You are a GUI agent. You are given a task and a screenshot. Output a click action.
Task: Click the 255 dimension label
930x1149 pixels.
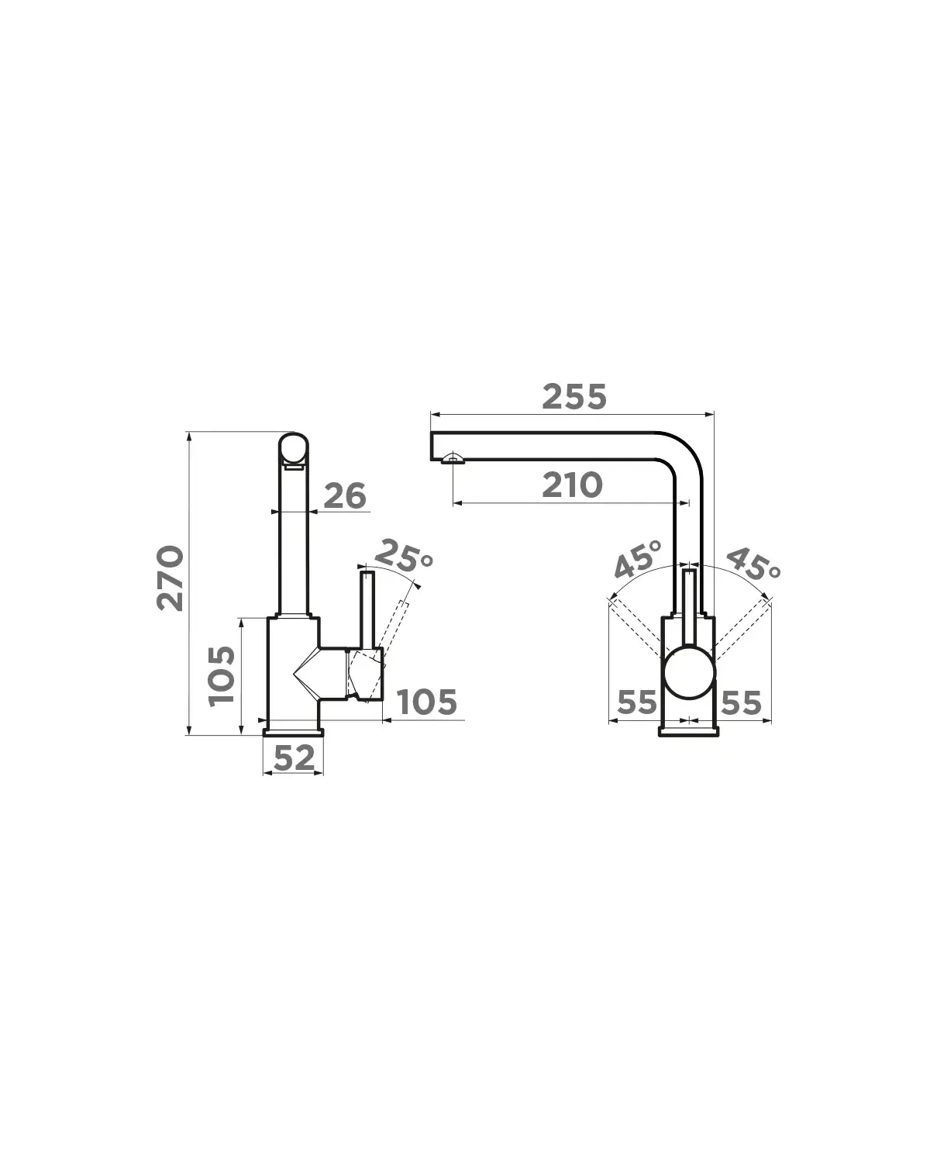click(573, 396)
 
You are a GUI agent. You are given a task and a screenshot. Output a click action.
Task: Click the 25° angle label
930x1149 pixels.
click(403, 556)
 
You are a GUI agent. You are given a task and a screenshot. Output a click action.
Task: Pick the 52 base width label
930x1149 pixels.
click(294, 758)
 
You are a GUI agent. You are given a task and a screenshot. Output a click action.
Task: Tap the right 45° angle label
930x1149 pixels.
click(753, 564)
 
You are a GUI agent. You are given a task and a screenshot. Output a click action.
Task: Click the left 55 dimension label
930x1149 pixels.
click(637, 702)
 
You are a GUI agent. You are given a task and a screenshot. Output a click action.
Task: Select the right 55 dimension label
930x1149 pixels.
click(742, 702)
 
